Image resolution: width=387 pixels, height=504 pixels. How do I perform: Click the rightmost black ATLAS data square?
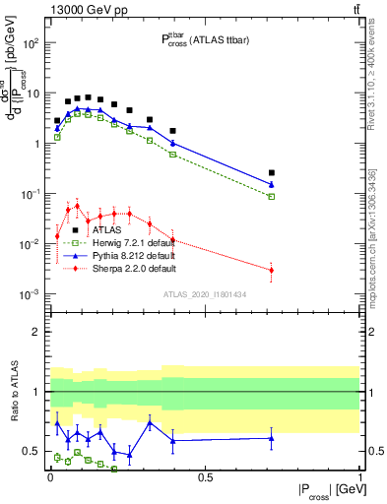(272, 172)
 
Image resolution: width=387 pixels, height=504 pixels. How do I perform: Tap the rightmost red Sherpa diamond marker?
(272, 270)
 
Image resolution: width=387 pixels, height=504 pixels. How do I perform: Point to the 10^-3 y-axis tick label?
(30, 294)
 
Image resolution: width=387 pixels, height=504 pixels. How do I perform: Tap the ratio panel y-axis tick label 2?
(34, 332)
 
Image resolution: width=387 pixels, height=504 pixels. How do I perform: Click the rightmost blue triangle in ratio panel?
(272, 438)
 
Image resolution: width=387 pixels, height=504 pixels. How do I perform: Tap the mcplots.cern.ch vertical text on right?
(377, 246)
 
